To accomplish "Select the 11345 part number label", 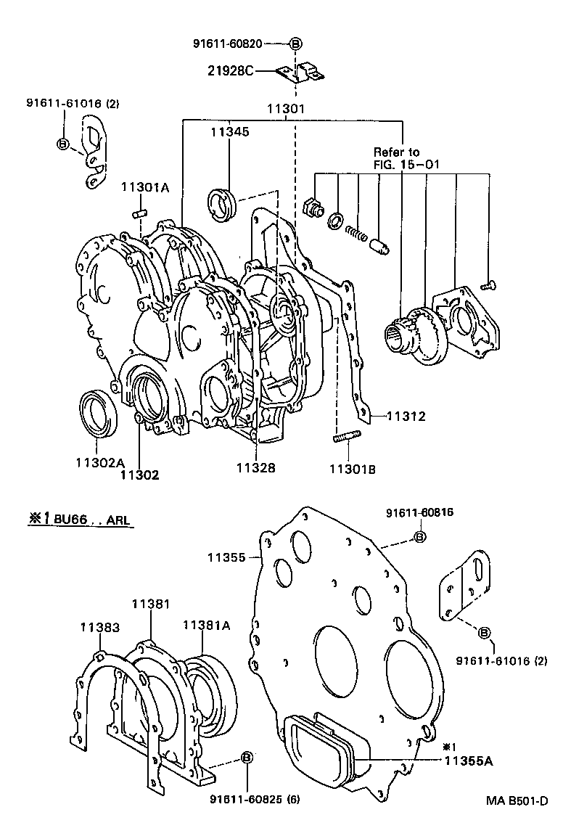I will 230,132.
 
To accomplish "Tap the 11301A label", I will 144,187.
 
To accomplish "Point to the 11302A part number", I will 100,462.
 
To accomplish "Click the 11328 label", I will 255,468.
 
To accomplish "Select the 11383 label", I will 100,626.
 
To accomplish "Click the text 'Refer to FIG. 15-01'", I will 396,158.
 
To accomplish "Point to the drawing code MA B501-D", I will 517,800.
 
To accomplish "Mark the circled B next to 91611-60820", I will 295,44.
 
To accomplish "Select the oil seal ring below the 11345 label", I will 222,202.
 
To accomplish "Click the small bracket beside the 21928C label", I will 301,73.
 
